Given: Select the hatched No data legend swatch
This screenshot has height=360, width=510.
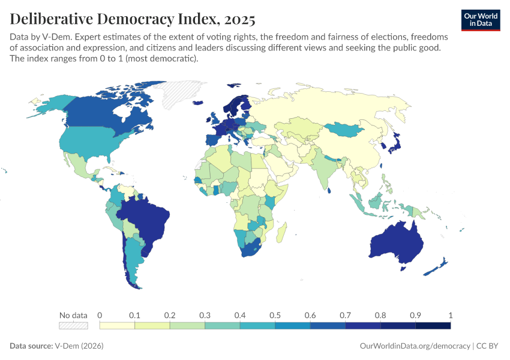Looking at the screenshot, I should [x=73, y=325].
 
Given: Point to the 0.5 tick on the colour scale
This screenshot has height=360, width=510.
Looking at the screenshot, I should [x=275, y=315].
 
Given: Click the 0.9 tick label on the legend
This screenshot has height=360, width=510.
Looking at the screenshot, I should [x=415, y=315].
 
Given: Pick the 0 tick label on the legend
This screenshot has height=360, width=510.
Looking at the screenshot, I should [x=100, y=315].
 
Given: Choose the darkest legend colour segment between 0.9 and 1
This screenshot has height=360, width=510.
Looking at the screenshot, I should [x=433, y=325].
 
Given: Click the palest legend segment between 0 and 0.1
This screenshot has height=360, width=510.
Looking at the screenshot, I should [x=117, y=325].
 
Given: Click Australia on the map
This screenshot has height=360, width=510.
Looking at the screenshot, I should [x=396, y=243].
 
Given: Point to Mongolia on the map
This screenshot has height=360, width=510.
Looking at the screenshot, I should [x=345, y=129].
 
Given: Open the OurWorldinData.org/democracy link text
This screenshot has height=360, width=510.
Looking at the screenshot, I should [x=415, y=346].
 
